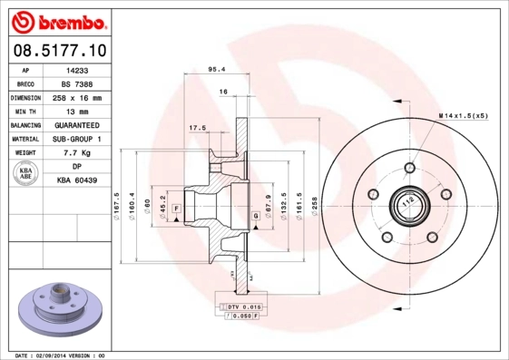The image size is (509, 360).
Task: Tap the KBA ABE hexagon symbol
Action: [x=25, y=174]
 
